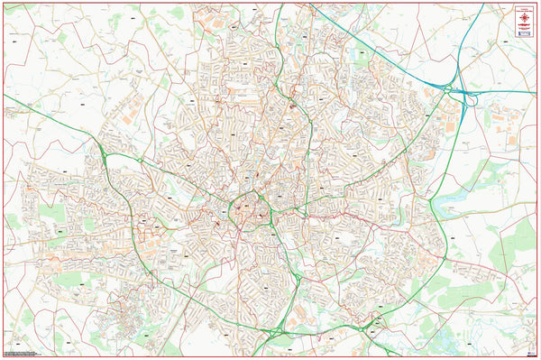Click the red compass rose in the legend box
tap(523, 17)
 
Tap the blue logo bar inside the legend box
tap(523, 28)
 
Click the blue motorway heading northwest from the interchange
tap(379, 45)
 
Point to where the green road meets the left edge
tap(5, 94)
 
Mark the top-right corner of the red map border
tap(537, 3)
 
